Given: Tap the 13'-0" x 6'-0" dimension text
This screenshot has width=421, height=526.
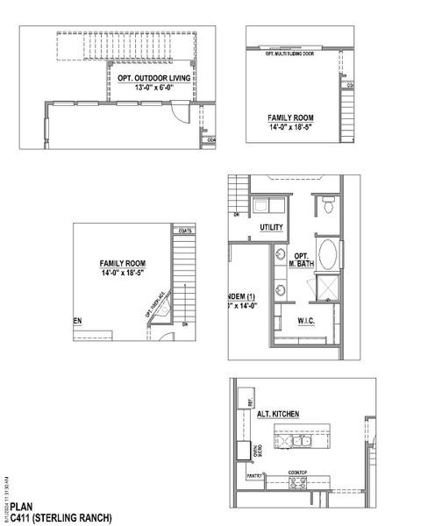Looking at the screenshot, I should (154, 88).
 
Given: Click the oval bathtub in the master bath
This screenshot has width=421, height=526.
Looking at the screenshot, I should (328, 256).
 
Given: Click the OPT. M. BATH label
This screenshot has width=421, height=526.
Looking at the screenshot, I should (301, 259).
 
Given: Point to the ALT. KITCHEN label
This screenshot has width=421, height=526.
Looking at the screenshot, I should (280, 413).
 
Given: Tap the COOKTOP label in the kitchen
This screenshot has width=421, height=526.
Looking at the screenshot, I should (297, 472).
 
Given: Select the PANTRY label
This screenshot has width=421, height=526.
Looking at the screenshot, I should (254, 477).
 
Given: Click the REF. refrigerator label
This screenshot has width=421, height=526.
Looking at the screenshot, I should (250, 403).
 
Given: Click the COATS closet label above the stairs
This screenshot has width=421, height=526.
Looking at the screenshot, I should (184, 232).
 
